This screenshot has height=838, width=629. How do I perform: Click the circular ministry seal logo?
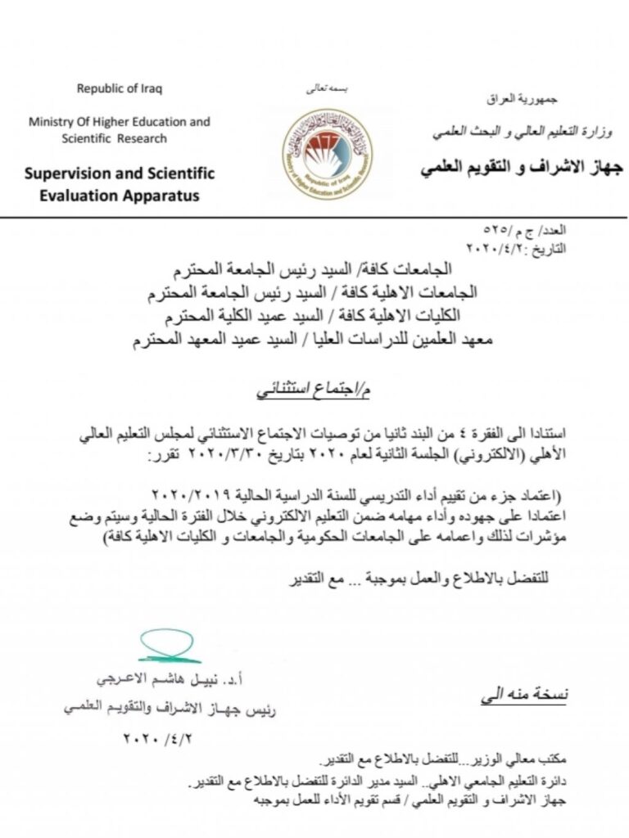coord(327,153)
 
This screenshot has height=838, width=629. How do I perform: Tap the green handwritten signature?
coord(169,646)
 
